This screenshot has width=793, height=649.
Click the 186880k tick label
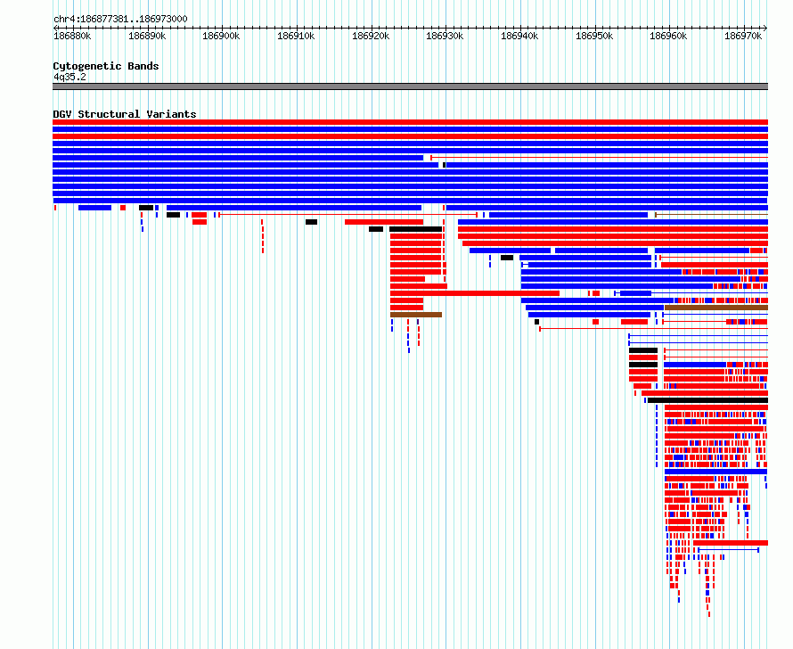(x=72, y=36)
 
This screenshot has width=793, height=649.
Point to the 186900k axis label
(x=221, y=36)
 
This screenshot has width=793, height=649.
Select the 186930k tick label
(x=445, y=36)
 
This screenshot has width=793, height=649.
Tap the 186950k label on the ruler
(x=594, y=36)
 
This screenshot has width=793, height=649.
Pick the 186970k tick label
(x=743, y=36)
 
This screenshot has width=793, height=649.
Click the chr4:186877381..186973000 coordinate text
(x=120, y=20)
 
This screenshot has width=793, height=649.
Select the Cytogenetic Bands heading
(x=106, y=66)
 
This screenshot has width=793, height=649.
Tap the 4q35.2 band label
(x=69, y=77)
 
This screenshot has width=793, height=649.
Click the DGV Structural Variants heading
(x=125, y=114)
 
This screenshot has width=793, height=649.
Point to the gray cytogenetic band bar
(x=410, y=86)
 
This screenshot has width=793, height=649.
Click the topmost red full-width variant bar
(x=410, y=122)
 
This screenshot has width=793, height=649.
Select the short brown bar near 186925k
(x=416, y=315)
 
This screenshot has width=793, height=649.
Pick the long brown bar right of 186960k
(x=716, y=308)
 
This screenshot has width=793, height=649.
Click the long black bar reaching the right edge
(x=708, y=400)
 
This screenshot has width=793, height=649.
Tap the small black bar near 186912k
(x=312, y=222)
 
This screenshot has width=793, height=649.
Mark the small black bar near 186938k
(x=507, y=258)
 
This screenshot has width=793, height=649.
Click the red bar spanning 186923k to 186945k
(x=475, y=293)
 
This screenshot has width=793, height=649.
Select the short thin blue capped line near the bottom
(x=728, y=550)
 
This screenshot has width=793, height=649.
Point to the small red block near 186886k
(x=123, y=208)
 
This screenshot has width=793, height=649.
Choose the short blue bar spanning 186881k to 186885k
(x=95, y=208)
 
